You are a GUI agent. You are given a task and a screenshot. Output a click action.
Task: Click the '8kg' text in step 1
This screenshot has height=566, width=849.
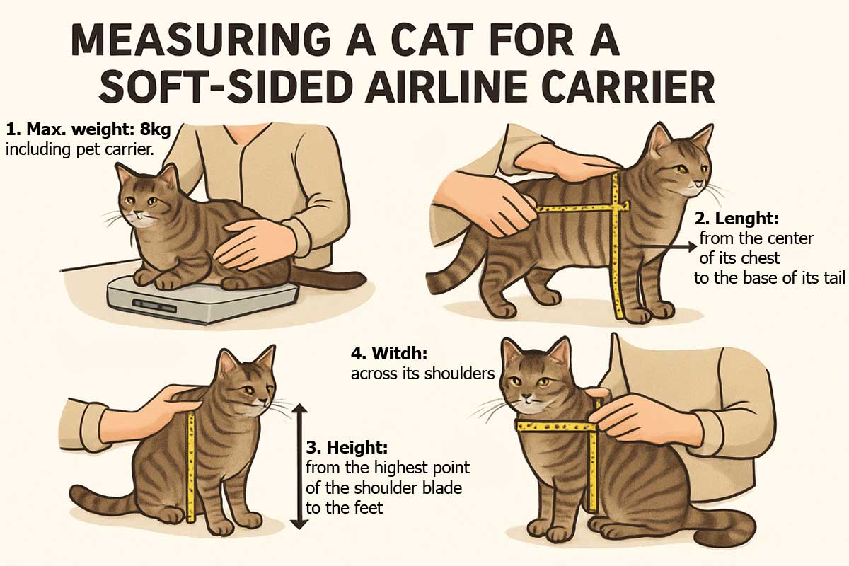click(156, 129)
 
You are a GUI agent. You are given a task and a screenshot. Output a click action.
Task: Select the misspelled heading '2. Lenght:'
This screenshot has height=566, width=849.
click(737, 218)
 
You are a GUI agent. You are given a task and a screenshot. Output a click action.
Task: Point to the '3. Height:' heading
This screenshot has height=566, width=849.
click(347, 447)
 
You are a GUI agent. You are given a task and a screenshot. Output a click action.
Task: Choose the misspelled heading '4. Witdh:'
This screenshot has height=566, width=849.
click(389, 353)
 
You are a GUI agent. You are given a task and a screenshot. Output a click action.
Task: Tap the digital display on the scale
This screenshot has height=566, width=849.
click(154, 305)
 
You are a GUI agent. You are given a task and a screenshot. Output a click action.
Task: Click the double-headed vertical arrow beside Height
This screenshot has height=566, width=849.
click(300, 466)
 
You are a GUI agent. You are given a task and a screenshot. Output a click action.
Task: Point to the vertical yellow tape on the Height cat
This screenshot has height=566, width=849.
click(191, 467)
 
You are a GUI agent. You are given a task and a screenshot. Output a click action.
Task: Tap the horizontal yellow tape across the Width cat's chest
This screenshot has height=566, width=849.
click(556, 427)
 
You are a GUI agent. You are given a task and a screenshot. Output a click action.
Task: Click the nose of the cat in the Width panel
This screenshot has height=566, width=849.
click(527, 398)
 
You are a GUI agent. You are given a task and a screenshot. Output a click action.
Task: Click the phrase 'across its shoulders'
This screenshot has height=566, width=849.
click(423, 374)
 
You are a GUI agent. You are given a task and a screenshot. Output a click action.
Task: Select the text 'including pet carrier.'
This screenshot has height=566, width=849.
click(80, 149)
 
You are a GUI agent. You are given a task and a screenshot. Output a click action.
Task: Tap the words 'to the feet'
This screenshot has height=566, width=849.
click(344, 507)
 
